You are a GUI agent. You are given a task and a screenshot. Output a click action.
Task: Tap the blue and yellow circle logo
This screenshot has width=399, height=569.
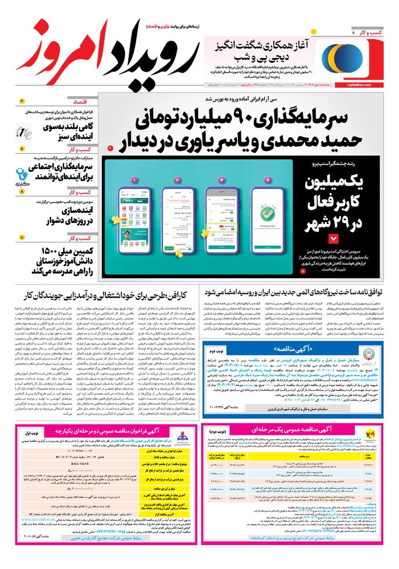point(336,56)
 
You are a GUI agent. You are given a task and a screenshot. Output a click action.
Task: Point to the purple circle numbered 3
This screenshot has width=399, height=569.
point(221,180)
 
